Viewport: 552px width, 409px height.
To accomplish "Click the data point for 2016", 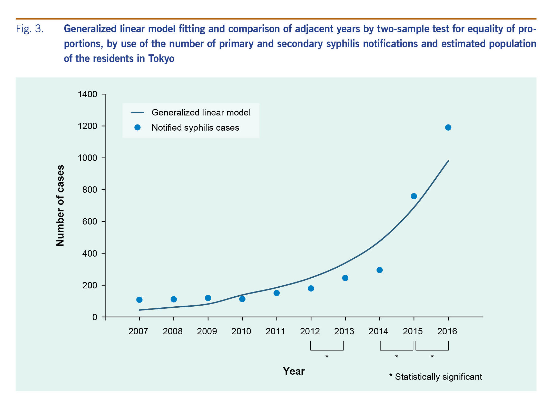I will click(x=448, y=128).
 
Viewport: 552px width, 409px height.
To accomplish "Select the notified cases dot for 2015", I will click(x=414, y=196).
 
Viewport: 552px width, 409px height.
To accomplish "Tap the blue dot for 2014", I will click(x=379, y=270).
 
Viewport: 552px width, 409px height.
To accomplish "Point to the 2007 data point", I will click(x=139, y=300).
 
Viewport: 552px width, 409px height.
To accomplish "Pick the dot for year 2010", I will click(x=242, y=299).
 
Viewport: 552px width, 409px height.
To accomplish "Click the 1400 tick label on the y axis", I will click(x=87, y=94).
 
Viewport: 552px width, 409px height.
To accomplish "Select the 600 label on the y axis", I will click(x=90, y=221).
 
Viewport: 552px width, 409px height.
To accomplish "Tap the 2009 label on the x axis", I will click(x=207, y=331).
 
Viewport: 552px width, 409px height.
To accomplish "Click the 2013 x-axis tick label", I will click(x=344, y=331).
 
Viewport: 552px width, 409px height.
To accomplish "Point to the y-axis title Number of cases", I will click(x=60, y=206).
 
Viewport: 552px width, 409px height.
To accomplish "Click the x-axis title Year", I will click(x=294, y=371).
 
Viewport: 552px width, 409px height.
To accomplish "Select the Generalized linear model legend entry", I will click(x=201, y=112).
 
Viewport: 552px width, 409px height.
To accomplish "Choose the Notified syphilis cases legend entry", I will click(x=195, y=128).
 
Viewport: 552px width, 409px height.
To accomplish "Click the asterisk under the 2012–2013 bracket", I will click(x=327, y=357).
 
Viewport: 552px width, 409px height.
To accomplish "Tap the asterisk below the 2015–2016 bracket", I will click(x=432, y=357).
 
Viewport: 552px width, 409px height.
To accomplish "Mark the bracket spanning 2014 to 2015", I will click(x=397, y=349).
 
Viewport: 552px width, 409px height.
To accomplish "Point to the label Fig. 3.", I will click(x=30, y=29).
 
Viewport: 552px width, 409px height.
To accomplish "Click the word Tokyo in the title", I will click(x=161, y=59).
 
